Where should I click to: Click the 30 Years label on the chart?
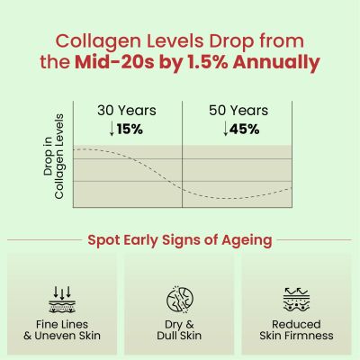[x=126, y=111]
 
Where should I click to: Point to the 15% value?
[x=130, y=129]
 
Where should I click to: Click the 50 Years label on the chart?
[x=238, y=111]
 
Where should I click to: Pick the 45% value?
[x=243, y=129]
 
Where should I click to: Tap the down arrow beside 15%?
[x=112, y=129]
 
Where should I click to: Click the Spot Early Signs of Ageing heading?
[x=180, y=240]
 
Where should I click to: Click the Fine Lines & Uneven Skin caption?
[x=61, y=329]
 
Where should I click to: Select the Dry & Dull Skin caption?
[x=180, y=329]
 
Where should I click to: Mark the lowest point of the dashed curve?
[x=232, y=199]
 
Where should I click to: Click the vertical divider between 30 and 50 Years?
[x=183, y=153]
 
